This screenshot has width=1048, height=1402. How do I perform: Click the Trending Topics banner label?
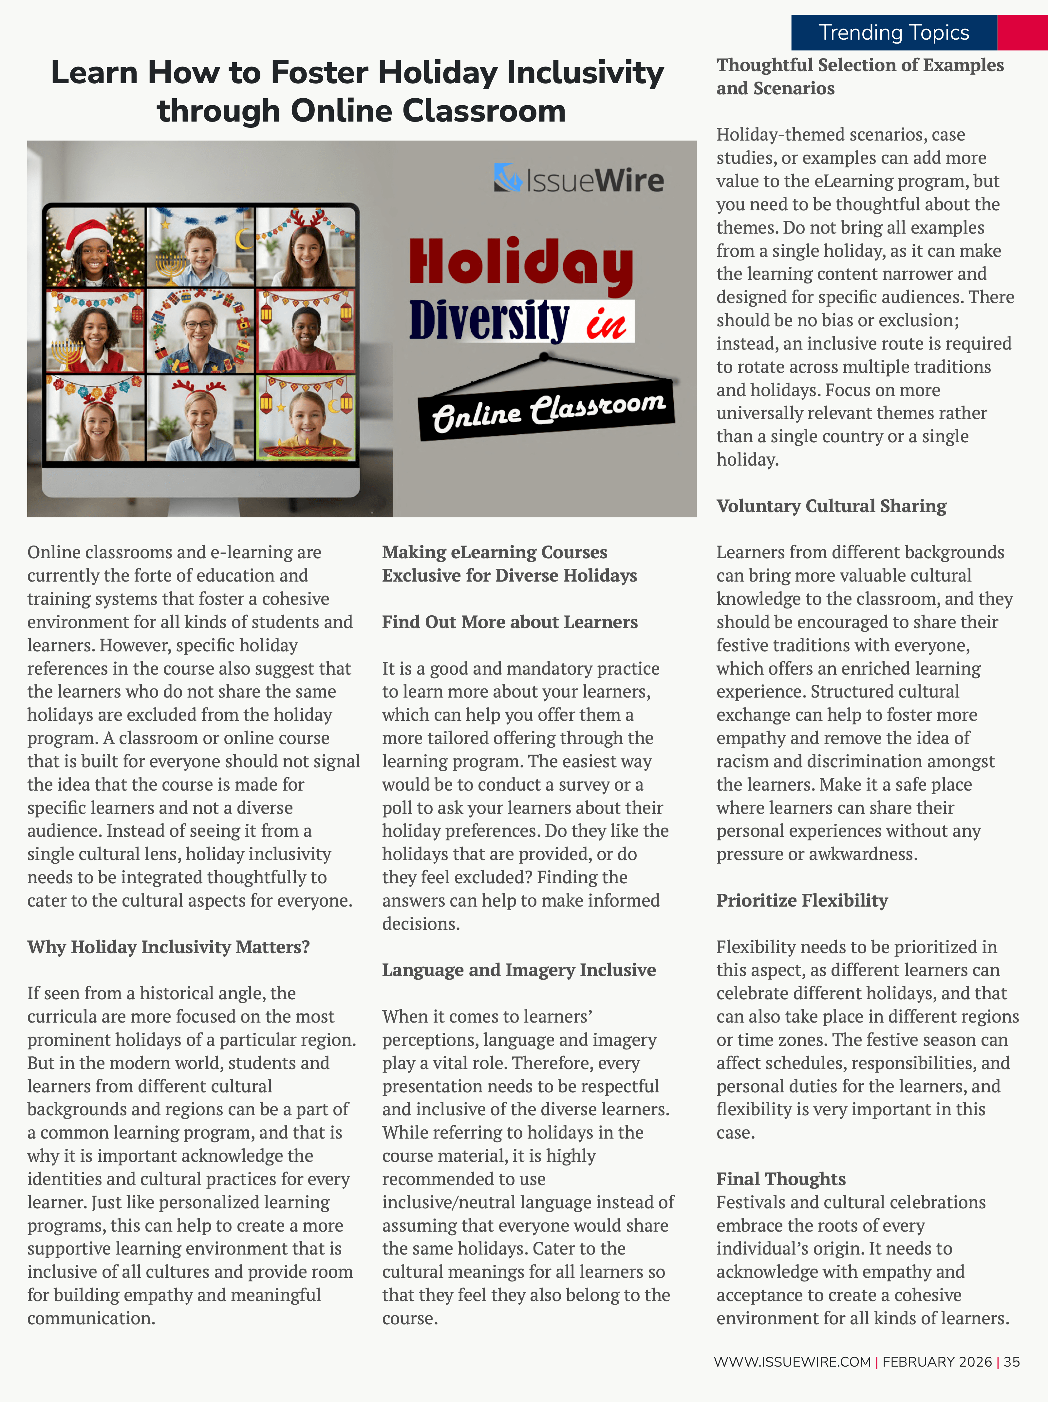(893, 32)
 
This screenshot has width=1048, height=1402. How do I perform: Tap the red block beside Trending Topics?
(1022, 32)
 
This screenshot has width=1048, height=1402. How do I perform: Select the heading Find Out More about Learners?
(510, 622)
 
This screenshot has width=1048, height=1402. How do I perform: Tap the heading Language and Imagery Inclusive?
(518, 970)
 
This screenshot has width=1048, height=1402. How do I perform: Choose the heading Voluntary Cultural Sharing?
(831, 506)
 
